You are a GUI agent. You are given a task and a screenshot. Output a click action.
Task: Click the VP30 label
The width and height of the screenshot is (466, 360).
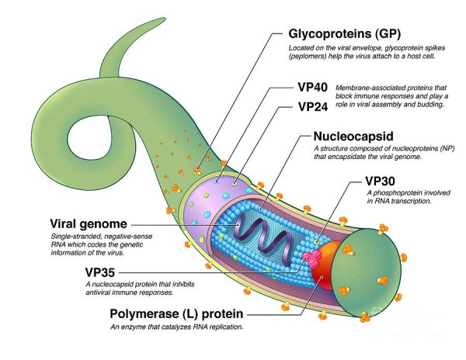point(386,181)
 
